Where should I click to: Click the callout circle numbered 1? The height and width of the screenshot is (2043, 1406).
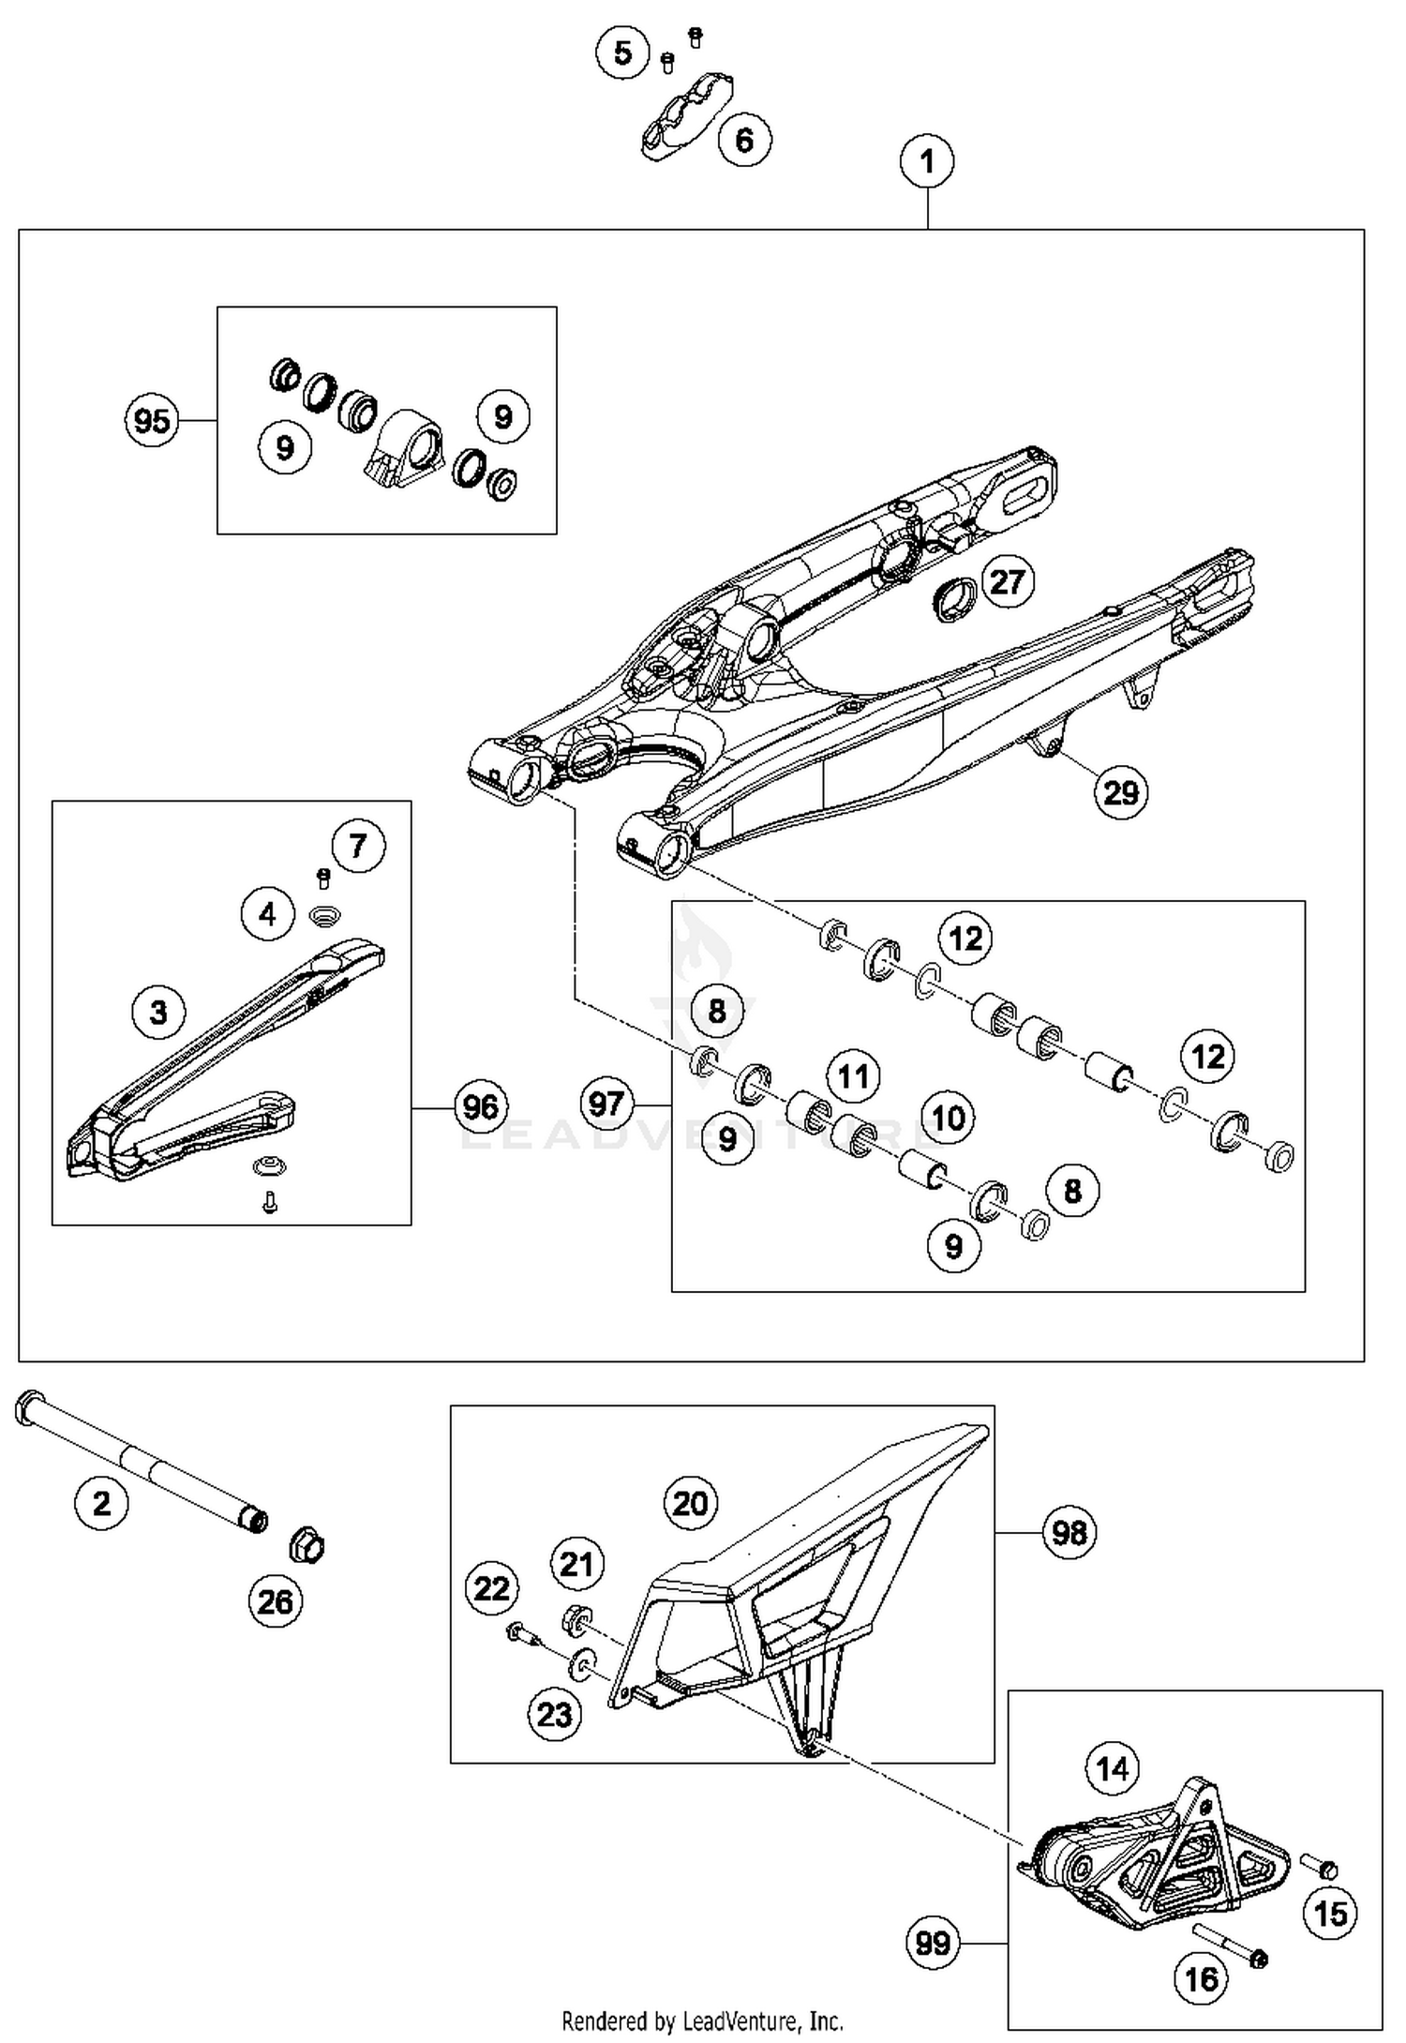click(927, 161)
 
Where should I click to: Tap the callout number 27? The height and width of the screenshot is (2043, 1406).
click(1007, 581)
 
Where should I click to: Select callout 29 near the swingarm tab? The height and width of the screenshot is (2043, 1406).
click(1121, 793)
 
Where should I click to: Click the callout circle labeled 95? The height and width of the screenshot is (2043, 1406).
click(152, 421)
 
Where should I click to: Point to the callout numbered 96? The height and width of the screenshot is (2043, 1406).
click(481, 1106)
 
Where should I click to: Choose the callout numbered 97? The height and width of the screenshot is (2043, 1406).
click(606, 1103)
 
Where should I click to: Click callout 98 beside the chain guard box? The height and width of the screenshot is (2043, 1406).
click(1069, 1532)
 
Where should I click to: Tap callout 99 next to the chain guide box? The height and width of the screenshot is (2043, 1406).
click(934, 1943)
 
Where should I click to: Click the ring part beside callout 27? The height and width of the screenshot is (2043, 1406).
click(955, 599)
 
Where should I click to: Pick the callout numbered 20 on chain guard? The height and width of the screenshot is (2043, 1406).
click(691, 1503)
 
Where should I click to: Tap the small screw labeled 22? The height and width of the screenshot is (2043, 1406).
click(521, 1634)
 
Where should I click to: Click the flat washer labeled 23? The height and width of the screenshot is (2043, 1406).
click(583, 1664)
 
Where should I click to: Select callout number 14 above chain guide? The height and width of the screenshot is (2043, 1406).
click(1113, 1768)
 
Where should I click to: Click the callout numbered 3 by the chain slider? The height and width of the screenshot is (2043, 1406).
click(158, 1012)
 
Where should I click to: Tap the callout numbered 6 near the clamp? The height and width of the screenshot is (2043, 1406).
click(744, 141)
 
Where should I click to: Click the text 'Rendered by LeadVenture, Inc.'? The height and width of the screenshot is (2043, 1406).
click(702, 2020)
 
